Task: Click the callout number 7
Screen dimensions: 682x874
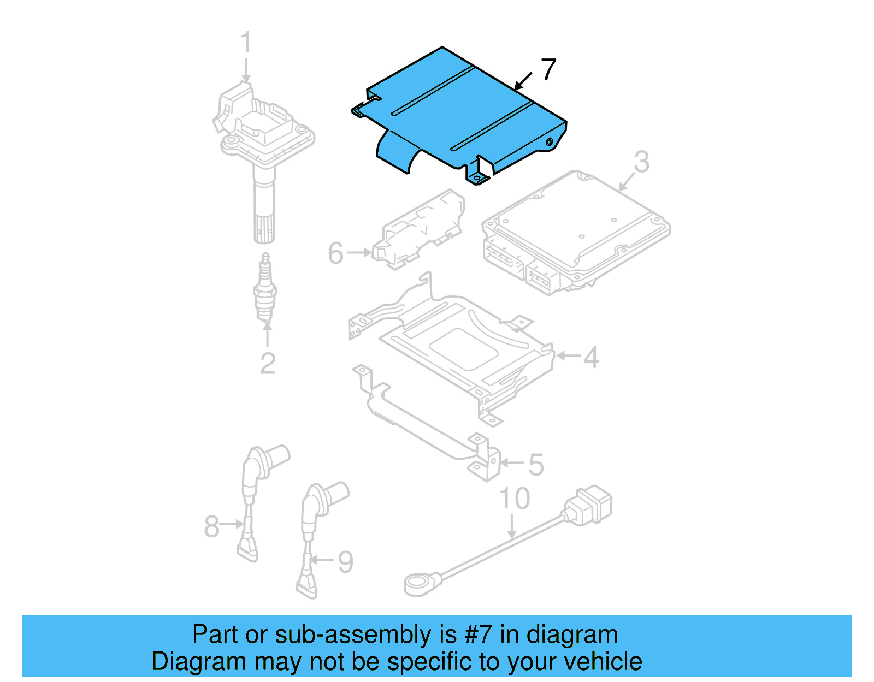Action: [x=548, y=69]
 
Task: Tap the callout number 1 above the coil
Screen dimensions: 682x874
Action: [x=246, y=43]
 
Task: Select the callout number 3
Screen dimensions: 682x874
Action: [x=641, y=162]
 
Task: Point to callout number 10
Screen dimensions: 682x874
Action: [x=515, y=499]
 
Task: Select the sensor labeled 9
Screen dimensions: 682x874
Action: [x=317, y=524]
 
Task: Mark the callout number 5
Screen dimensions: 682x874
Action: [x=536, y=465]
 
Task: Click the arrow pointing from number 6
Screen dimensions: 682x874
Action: [x=358, y=253]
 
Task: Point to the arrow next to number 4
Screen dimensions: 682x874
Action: [x=569, y=356]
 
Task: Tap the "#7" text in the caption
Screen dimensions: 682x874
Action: [x=479, y=635]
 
